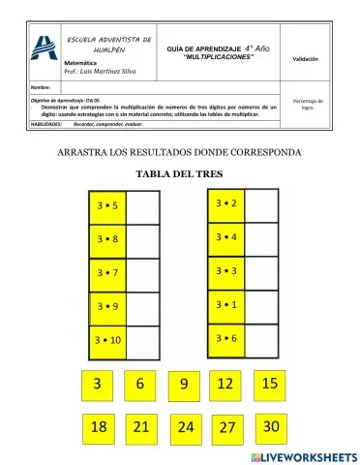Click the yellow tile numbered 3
pyautogui.click(x=97, y=385)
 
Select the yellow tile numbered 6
pyautogui.click(x=140, y=385)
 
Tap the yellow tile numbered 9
pyautogui.click(x=183, y=385)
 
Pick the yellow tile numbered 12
pyautogui.click(x=225, y=385)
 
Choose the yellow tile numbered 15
pyautogui.click(x=270, y=384)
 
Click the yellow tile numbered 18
pyautogui.click(x=97, y=426)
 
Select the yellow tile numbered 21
pyautogui.click(x=140, y=426)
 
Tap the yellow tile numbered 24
pyautogui.click(x=186, y=426)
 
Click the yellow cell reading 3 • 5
pyautogui.click(x=108, y=205)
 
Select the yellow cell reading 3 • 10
pyautogui.click(x=108, y=341)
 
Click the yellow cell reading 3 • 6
pyautogui.click(x=227, y=338)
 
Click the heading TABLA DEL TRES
pyautogui.click(x=180, y=174)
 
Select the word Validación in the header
pyautogui.click(x=305, y=59)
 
